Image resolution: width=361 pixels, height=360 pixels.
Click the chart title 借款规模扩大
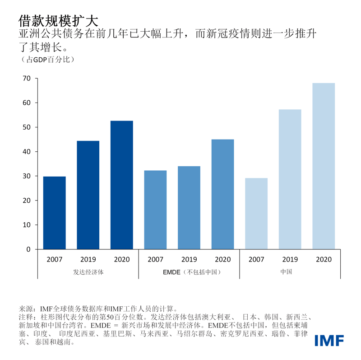coord(57,20)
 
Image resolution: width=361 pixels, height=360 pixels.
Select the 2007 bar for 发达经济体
coord(54,213)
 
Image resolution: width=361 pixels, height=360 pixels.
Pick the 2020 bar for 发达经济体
coord(122,185)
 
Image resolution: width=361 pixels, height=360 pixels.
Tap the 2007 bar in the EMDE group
coord(155,210)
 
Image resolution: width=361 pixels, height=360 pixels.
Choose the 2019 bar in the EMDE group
coord(189,208)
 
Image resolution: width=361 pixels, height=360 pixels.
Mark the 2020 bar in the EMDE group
coord(223,194)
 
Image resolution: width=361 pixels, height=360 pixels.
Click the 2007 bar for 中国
coord(256,214)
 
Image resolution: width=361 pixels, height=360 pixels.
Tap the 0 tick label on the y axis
coord(28,249)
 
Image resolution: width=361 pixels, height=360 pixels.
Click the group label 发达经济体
coord(88,272)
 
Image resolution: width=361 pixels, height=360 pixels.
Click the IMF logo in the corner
coord(329,340)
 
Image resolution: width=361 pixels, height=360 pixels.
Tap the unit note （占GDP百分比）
coord(47,59)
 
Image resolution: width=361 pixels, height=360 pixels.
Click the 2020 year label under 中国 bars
coord(324,259)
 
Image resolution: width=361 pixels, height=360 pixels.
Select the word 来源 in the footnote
coord(26,309)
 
